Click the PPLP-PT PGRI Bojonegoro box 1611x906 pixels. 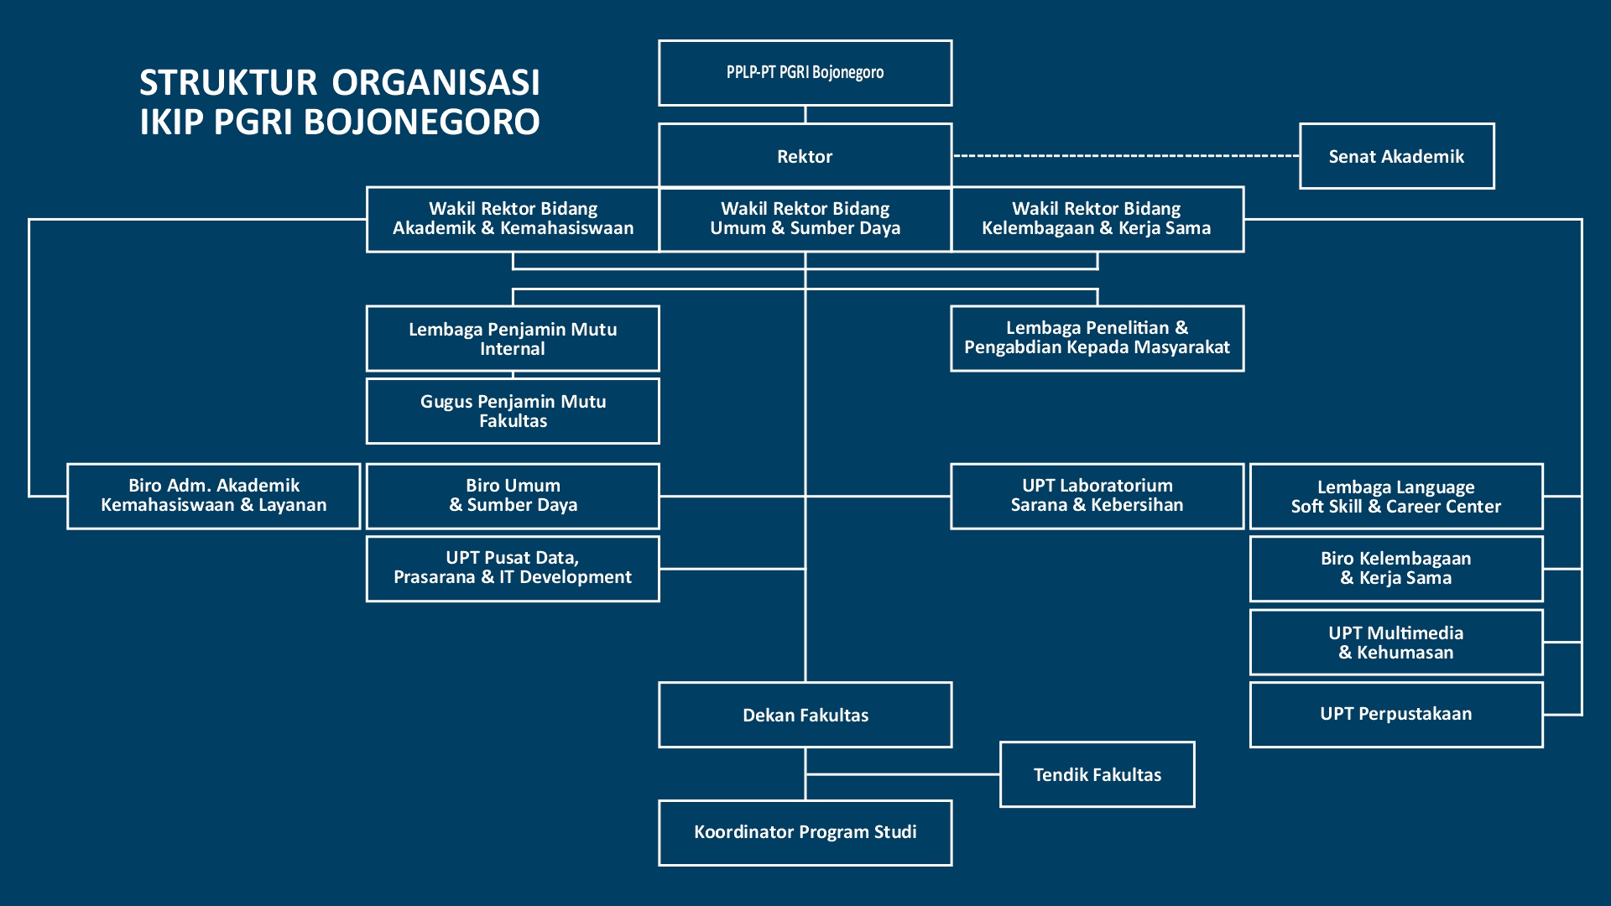coord(805,73)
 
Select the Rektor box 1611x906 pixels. coord(805,156)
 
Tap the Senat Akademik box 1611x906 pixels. coord(1396,156)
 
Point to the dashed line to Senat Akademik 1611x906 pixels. coord(1124,156)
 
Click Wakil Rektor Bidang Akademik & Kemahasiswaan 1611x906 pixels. coord(513,219)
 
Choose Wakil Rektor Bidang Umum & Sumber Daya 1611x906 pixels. coord(805,219)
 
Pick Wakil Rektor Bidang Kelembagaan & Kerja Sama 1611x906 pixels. coord(1097,219)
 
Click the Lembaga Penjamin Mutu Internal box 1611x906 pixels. coord(513,339)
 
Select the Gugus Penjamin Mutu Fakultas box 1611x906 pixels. coord(513,411)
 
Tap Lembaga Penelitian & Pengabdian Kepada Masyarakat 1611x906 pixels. coord(1097,338)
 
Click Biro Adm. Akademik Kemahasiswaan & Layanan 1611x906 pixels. coord(214,496)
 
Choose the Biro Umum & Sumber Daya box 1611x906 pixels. coord(513,496)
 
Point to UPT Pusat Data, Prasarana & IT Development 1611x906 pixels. coord(513,568)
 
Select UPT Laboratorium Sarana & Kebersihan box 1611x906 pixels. coord(1097,496)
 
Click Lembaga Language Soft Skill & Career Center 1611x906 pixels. coord(1396,497)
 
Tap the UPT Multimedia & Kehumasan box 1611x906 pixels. coord(1396,643)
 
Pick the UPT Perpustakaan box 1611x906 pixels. coord(1396,714)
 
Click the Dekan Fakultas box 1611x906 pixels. coord(805,715)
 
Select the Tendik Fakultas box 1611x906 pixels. coord(1097,774)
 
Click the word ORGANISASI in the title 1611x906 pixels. coord(435,83)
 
